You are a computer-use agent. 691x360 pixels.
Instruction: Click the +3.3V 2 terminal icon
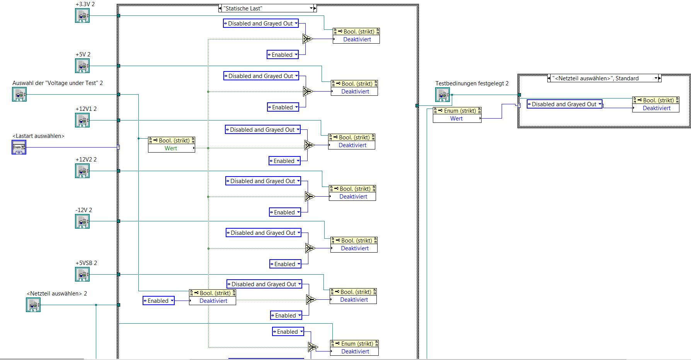point(82,16)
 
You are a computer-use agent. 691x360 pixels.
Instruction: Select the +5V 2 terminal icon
point(82,66)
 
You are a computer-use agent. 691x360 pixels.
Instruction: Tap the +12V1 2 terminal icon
point(82,121)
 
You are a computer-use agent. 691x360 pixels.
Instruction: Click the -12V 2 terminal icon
point(82,222)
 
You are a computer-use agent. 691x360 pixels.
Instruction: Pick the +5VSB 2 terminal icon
point(82,275)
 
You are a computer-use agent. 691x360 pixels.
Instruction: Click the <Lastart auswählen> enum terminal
point(19,147)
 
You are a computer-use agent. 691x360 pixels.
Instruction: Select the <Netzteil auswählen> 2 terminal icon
point(33,305)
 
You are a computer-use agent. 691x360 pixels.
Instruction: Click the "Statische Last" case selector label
point(267,8)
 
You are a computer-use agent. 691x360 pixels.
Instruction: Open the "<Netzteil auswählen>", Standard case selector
point(604,78)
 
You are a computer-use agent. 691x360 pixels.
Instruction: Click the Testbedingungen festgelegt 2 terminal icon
point(442,95)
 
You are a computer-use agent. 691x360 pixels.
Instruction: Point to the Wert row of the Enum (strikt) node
point(457,119)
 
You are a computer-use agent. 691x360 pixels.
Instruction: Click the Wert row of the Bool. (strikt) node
point(171,148)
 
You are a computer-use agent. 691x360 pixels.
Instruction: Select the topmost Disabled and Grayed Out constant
point(261,24)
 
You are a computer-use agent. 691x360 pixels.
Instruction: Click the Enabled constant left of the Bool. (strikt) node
point(158,301)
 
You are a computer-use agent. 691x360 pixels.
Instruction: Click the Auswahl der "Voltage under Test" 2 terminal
point(19,95)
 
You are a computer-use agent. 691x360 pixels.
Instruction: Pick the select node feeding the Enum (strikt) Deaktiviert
point(313,347)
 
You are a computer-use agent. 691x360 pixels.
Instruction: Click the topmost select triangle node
point(307,39)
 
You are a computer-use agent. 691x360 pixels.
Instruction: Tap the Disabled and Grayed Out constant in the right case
point(564,104)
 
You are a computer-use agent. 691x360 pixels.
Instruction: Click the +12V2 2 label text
point(86,160)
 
